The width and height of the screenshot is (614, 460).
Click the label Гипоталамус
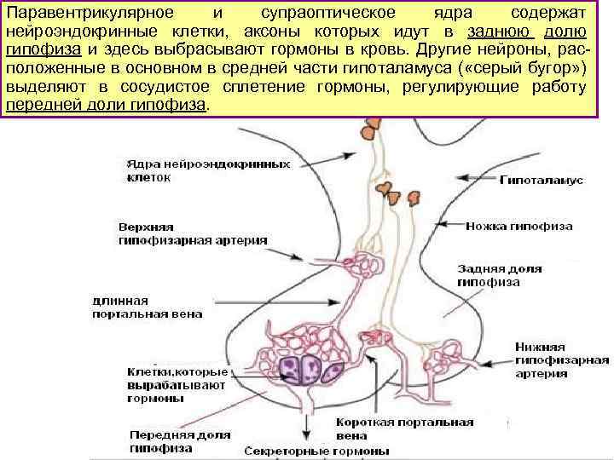click(540, 181)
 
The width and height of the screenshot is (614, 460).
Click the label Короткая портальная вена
click(405, 428)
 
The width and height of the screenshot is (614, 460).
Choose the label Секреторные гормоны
click(317, 451)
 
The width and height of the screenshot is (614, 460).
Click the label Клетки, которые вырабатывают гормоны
click(177, 385)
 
